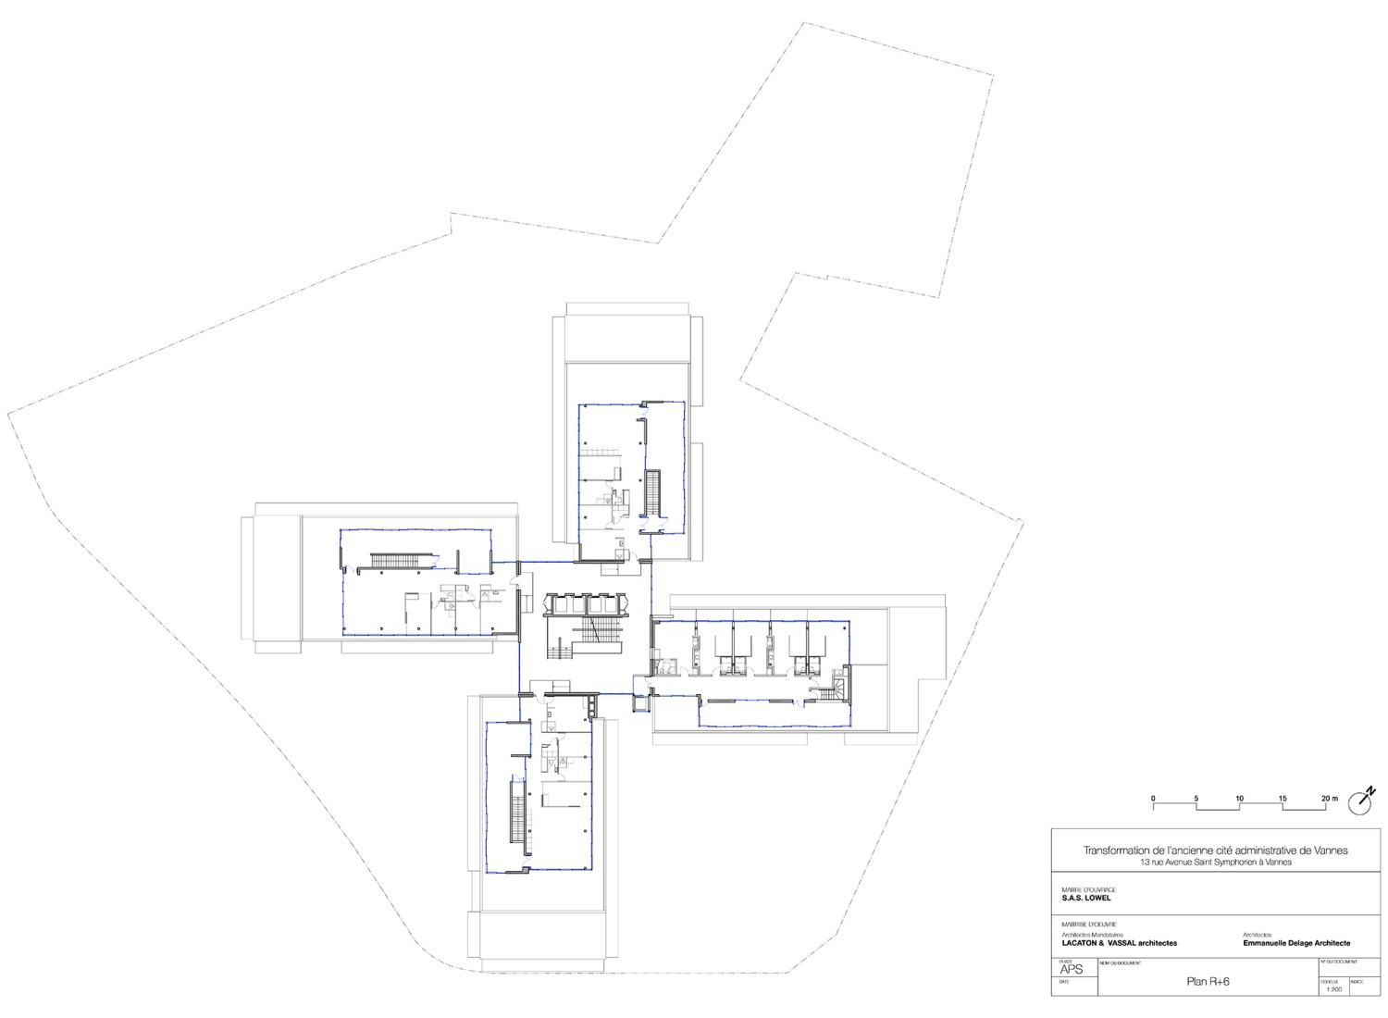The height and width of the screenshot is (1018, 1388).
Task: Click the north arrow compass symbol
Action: (1361, 801)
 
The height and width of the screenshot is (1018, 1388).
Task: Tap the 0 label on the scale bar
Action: (1153, 798)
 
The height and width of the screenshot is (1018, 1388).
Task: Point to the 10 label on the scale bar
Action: (1240, 798)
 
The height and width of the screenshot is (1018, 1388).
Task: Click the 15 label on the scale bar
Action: (1283, 798)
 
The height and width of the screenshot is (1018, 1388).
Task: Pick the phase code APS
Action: (1070, 970)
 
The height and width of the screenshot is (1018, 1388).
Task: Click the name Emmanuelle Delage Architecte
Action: (1296, 943)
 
